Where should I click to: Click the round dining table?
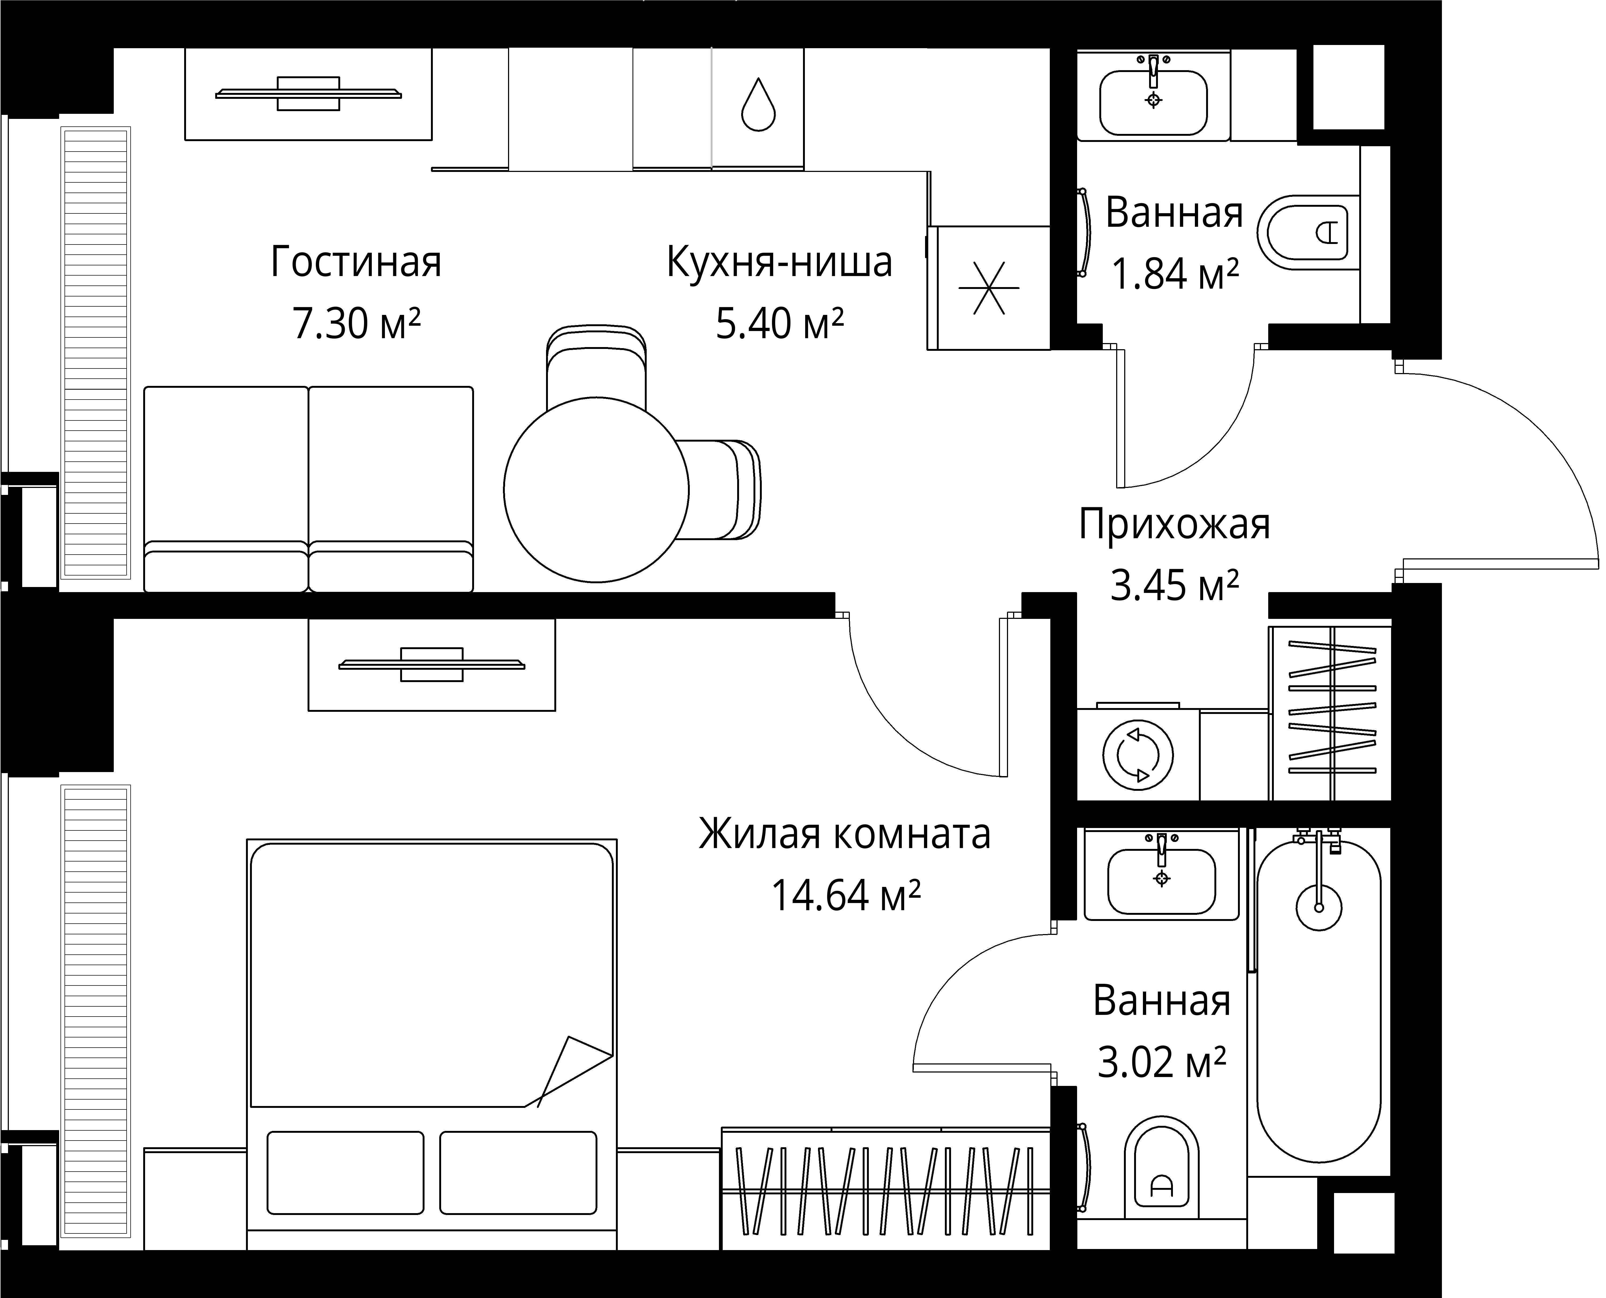[596, 490]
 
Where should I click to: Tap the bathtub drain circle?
[1318, 908]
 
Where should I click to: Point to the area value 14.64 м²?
[845, 895]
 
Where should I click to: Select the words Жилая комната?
[844, 834]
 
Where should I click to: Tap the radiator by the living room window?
[96, 353]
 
